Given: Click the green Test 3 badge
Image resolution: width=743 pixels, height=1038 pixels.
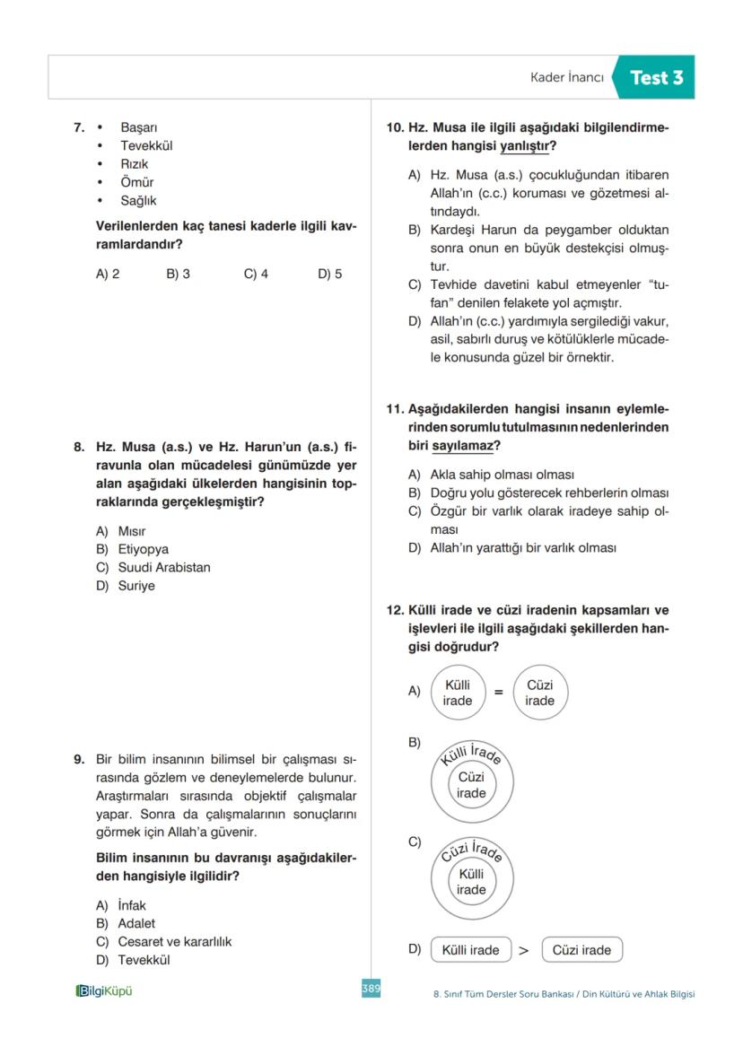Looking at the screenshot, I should (x=655, y=78).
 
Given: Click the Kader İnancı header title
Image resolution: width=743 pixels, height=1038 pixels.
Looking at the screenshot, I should (x=567, y=78).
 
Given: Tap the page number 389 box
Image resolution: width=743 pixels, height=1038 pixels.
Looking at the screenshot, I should (x=371, y=988).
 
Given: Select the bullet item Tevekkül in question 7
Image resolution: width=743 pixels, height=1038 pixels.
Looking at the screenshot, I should (x=146, y=145).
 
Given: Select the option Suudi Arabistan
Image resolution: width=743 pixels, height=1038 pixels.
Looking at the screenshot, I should (x=164, y=567).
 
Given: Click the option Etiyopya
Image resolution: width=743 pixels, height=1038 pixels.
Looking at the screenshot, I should (x=143, y=549).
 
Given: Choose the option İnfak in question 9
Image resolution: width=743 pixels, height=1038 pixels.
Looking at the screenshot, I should (x=131, y=905).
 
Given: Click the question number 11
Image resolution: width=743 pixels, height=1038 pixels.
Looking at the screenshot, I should (x=394, y=409).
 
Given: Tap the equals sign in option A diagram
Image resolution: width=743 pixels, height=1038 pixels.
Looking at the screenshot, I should (x=499, y=693).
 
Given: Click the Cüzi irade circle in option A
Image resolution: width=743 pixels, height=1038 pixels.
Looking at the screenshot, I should (x=540, y=693).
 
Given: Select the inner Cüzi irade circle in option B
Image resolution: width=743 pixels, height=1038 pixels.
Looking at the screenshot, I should (x=471, y=785).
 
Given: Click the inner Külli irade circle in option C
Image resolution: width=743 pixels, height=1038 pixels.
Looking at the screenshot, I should (x=471, y=882).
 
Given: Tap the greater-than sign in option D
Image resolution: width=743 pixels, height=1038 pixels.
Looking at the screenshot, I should (x=524, y=951).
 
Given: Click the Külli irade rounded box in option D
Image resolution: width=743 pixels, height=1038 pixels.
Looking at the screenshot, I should (x=471, y=950).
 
